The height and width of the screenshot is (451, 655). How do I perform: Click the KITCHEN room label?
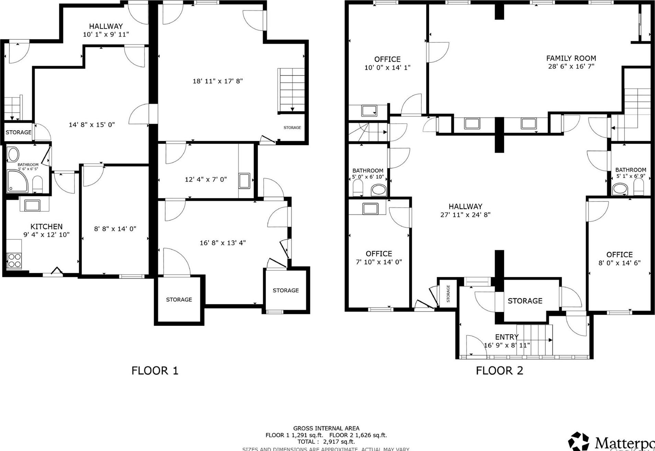point(46,227)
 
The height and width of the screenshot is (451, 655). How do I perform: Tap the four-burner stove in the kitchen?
point(14,260)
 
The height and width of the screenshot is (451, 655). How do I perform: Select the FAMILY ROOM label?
point(571,58)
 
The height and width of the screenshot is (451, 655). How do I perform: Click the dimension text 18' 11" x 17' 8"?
point(218,81)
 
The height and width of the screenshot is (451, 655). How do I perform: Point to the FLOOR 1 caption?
point(155,370)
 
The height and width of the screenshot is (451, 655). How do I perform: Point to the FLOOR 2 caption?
point(499,370)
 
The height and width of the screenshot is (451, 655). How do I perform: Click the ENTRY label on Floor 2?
point(506,337)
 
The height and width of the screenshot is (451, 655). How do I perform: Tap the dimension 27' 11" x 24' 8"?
point(465,215)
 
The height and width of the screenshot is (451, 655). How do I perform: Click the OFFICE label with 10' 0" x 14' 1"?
point(387,59)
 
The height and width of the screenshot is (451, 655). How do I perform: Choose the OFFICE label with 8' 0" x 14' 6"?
point(619,255)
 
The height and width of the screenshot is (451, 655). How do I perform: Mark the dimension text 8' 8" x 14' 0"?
point(115,229)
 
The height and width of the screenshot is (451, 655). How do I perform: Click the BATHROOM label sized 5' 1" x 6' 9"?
point(630,170)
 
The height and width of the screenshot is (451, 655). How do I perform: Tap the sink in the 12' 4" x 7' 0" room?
point(244,181)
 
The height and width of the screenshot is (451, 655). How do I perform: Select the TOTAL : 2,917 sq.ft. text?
point(326,442)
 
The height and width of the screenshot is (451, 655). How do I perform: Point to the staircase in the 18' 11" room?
point(291,90)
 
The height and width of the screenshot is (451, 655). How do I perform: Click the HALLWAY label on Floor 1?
point(106,26)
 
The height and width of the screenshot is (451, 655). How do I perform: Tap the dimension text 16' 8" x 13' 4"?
point(223,243)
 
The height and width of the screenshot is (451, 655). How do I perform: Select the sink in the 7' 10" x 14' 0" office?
point(370,209)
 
